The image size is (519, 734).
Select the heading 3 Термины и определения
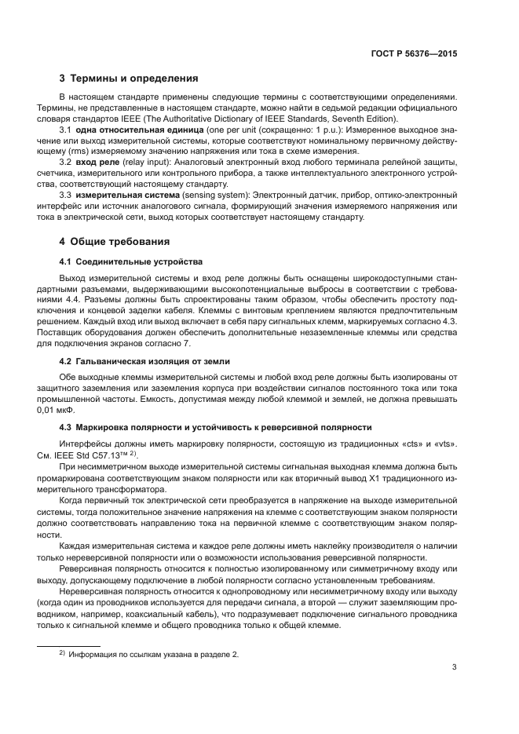point(129,79)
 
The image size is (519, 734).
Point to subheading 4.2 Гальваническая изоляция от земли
point(144,360)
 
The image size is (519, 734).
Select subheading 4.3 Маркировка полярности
point(216,427)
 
